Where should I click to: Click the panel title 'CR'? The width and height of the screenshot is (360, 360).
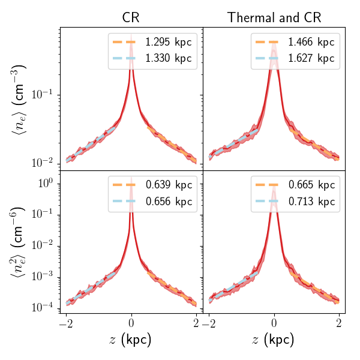(x=131, y=18)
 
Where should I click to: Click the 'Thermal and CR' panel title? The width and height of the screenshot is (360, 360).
(x=274, y=18)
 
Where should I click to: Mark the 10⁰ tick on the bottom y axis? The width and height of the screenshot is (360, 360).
(x=47, y=182)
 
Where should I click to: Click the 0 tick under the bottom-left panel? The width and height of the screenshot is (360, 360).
(x=131, y=324)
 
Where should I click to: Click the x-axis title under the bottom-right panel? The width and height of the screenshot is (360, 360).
(x=274, y=340)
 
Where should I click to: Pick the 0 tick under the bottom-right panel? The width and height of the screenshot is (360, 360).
(x=274, y=324)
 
